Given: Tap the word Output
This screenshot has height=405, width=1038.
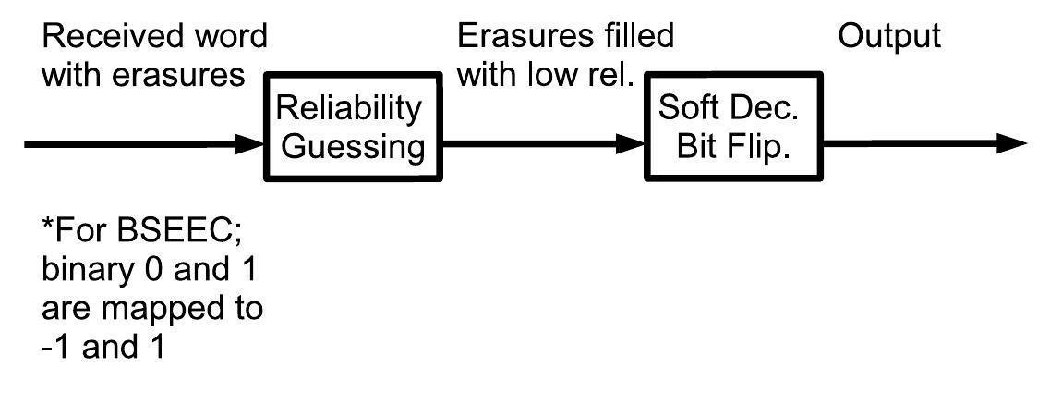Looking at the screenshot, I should click(888, 37).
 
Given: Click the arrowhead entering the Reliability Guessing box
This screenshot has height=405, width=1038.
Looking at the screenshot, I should click(252, 144).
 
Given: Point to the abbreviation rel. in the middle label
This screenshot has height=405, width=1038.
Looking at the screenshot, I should click(610, 74).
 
